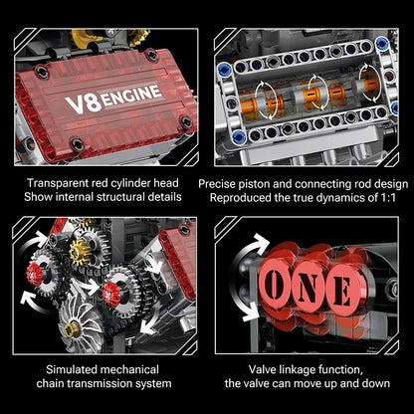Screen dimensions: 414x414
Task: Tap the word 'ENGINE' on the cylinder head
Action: coord(129,100)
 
